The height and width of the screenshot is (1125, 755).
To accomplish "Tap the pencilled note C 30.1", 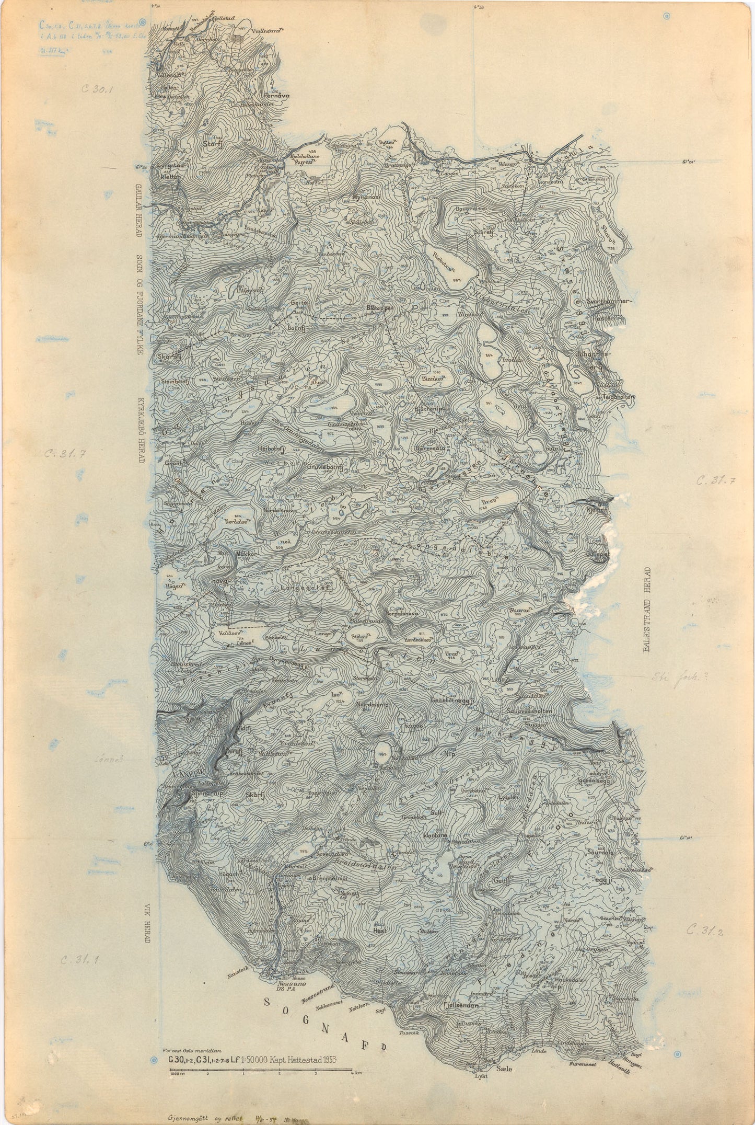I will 97,89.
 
